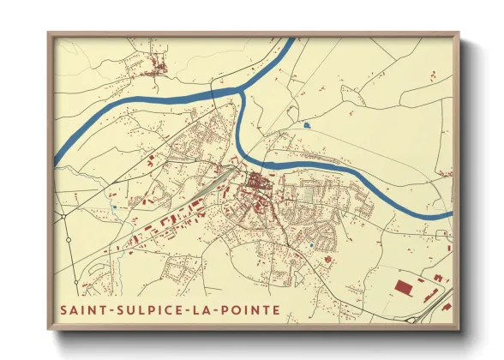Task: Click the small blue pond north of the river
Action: coord(306,126)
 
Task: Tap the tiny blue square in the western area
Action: coord(113,207)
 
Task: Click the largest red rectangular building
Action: coord(403,286)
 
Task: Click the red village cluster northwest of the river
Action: coord(156,66)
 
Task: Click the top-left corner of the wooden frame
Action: coord(49,33)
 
